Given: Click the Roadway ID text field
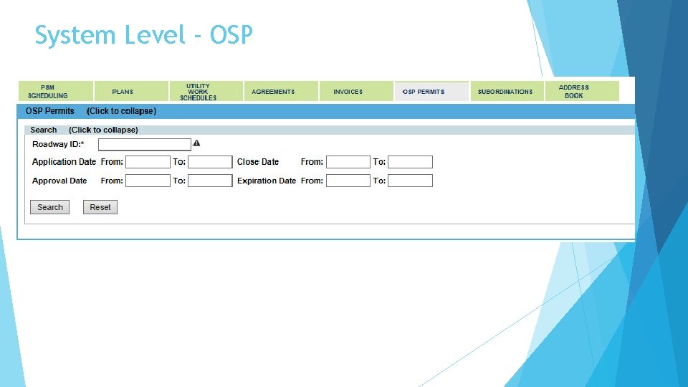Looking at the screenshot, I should (144, 144).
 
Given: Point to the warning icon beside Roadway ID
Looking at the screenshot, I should (197, 144).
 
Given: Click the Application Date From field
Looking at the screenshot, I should (148, 162).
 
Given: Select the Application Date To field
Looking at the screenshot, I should (210, 162).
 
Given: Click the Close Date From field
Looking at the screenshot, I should (348, 162).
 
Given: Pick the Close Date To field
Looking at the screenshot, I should (411, 162).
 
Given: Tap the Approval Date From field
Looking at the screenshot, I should (148, 181).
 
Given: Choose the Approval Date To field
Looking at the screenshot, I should (210, 181).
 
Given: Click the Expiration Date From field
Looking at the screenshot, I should (348, 181).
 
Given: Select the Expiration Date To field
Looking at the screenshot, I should (411, 181).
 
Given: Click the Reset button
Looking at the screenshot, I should (100, 207).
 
